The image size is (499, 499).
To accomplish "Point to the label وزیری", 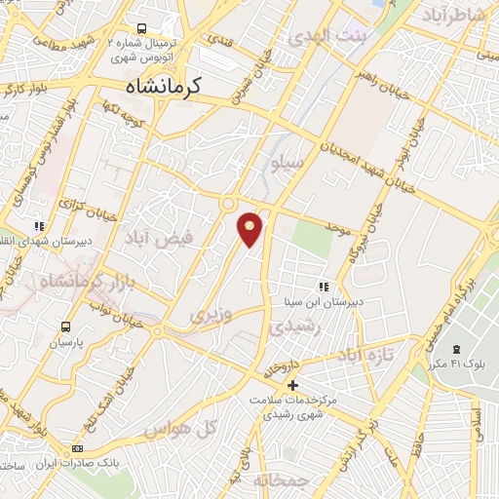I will point(211,315).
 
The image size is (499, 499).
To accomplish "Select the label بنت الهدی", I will point(326,36).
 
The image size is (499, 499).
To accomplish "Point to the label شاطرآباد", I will point(452,17).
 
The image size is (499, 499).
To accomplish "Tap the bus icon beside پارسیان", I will point(65,326).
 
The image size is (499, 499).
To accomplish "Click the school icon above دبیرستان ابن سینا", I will point(323,287).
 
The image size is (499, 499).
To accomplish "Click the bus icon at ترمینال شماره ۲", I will point(142,29).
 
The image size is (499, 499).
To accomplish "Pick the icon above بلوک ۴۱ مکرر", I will point(455,350).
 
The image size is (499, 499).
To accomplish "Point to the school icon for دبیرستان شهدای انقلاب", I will point(39,226).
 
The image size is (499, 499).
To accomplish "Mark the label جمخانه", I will point(281,480).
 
